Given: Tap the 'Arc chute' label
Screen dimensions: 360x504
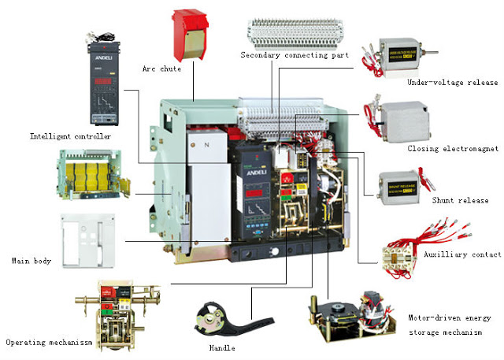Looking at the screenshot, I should [x=161, y=69].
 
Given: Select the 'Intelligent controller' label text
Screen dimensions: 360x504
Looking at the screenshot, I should [x=70, y=136].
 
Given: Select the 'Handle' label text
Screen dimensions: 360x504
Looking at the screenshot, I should [x=222, y=347].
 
